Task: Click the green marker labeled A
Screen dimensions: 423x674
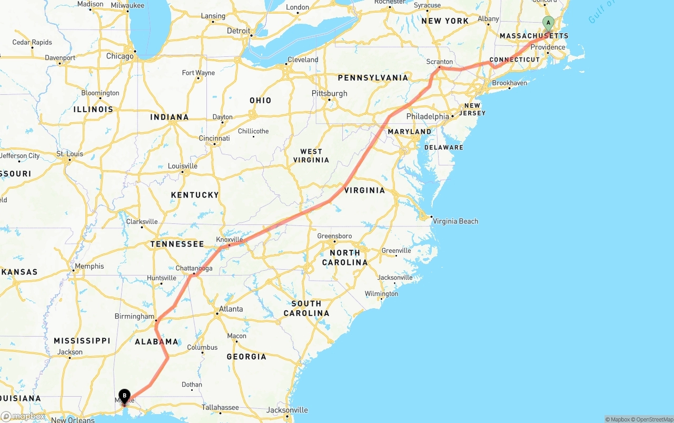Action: pyautogui.click(x=548, y=23)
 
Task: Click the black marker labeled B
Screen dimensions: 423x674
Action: pyautogui.click(x=124, y=396)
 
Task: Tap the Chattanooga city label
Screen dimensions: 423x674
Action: pyautogui.click(x=194, y=268)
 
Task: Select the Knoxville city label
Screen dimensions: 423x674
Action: pyautogui.click(x=230, y=239)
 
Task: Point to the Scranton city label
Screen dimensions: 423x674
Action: pyautogui.click(x=440, y=62)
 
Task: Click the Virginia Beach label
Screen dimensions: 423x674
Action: pyautogui.click(x=455, y=221)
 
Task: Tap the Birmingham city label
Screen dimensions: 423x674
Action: pyautogui.click(x=134, y=317)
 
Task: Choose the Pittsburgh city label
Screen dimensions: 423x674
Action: pyautogui.click(x=330, y=93)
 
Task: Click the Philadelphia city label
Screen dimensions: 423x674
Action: pyautogui.click(x=428, y=116)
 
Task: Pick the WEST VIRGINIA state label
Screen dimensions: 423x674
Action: pyautogui.click(x=311, y=155)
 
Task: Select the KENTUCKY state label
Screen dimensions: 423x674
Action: pyautogui.click(x=195, y=195)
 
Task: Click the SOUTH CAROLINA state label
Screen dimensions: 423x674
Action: pyautogui.click(x=306, y=308)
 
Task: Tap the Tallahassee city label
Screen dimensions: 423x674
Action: pyautogui.click(x=221, y=407)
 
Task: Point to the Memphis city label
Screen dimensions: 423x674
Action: pyautogui.click(x=90, y=266)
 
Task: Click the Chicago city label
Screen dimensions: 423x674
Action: pyautogui.click(x=120, y=56)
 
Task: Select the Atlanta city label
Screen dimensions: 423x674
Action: pyautogui.click(x=231, y=309)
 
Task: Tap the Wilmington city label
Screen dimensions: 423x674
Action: pyautogui.click(x=381, y=293)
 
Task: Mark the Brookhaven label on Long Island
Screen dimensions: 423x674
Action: pyautogui.click(x=509, y=83)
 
